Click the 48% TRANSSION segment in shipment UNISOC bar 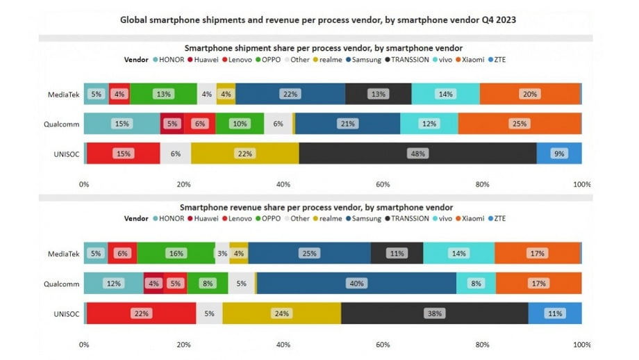(x=417, y=154)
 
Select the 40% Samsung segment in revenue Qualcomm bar (x=356, y=283)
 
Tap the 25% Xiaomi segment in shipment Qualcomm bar (x=519, y=124)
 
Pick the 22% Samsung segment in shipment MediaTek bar (x=290, y=94)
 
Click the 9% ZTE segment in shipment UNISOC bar (x=559, y=154)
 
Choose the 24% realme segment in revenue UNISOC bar (x=282, y=313)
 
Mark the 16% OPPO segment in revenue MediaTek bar (x=176, y=254)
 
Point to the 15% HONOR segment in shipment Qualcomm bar (x=122, y=124)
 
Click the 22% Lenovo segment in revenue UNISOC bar (x=141, y=313)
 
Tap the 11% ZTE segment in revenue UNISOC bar (x=555, y=313)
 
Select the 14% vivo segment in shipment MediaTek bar (x=445, y=94)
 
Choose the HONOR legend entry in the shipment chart (x=169, y=60)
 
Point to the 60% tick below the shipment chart (x=383, y=185)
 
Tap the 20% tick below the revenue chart (x=183, y=345)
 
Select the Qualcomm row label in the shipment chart (x=61, y=124)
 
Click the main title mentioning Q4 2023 (x=319, y=20)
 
